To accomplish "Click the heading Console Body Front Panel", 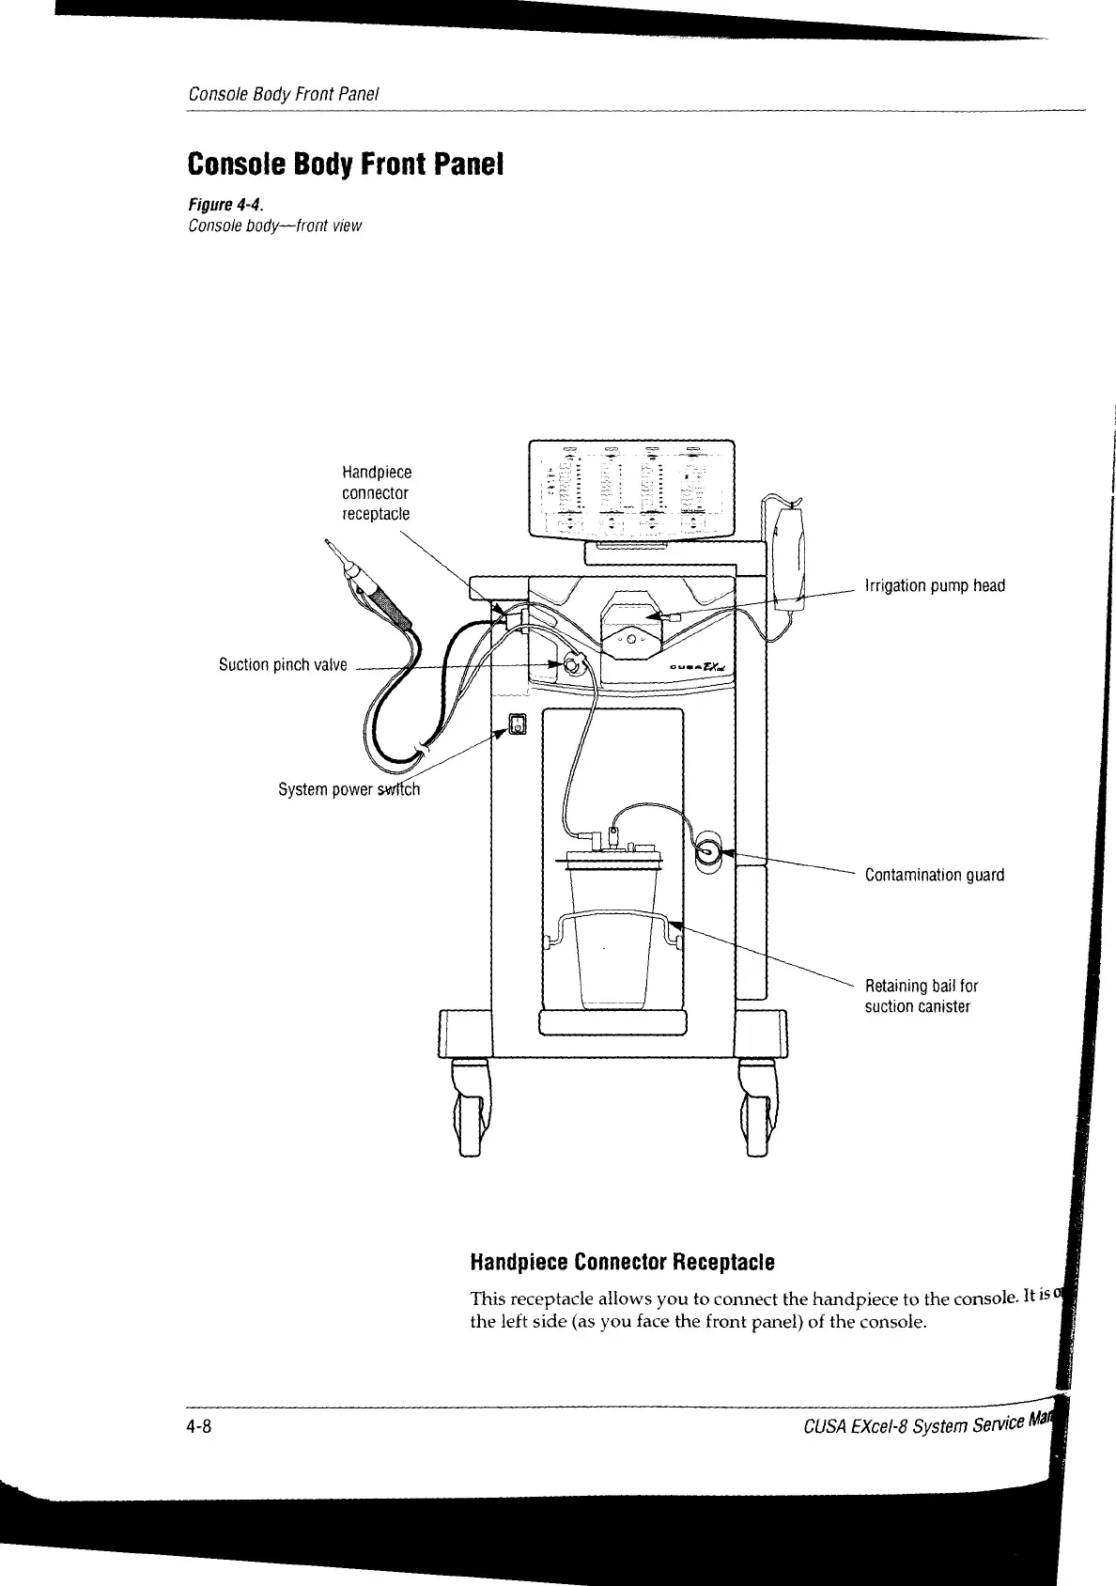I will coord(346,164).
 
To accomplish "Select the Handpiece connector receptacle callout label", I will coord(376,492).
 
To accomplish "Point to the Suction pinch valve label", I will coord(283,665).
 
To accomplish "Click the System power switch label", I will coord(349,789).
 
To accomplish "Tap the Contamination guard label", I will coord(934,876).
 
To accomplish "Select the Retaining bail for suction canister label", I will coord(921,996).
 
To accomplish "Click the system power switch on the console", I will coord(518,723).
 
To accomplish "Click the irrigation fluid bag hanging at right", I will coord(787,559).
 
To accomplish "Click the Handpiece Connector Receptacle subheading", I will coord(622,1261).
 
